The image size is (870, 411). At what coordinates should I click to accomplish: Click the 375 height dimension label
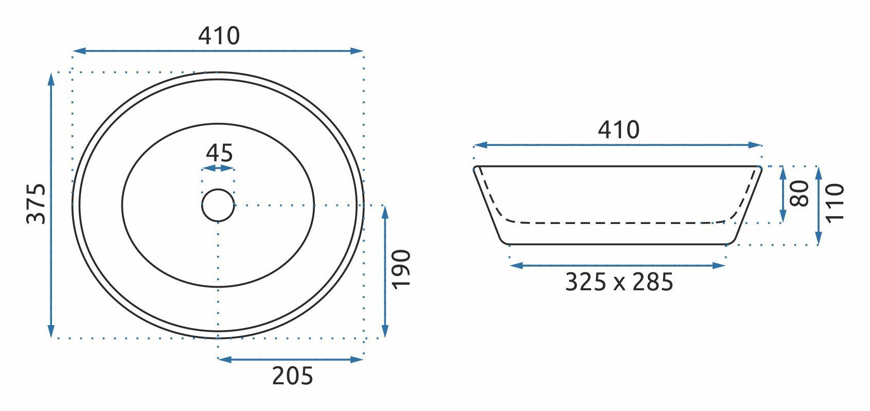point(36,203)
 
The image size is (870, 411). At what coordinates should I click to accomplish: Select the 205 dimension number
point(292,376)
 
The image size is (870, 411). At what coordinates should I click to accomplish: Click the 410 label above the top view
point(219,35)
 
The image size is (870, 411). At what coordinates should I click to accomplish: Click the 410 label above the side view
point(618,130)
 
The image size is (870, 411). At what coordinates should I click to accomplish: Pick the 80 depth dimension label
point(800,194)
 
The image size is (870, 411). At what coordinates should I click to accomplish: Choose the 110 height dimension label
point(835,203)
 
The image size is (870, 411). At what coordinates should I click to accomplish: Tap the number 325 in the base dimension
point(585,282)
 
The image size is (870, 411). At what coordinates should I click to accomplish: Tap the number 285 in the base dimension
point(652,282)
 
